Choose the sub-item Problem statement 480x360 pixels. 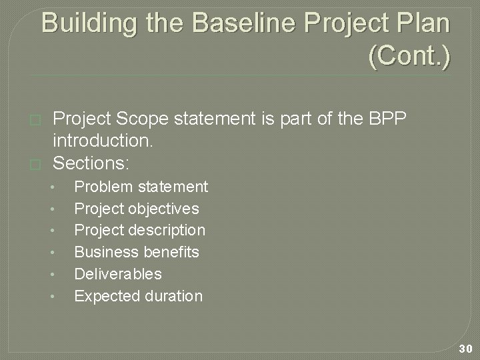(141, 187)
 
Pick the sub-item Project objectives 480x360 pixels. (136, 209)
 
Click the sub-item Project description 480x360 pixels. (139, 230)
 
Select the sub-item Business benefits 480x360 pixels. (136, 252)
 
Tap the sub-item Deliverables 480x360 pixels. (117, 274)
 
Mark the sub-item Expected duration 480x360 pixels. (138, 296)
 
